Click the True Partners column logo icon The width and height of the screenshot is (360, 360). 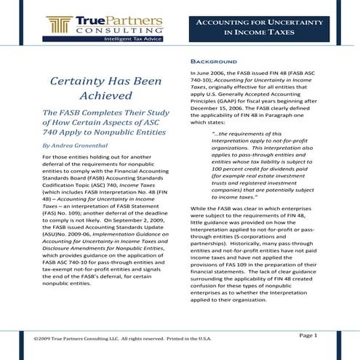57,26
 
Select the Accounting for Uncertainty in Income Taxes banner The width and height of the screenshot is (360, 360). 268,28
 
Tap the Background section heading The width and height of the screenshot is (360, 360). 214,60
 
